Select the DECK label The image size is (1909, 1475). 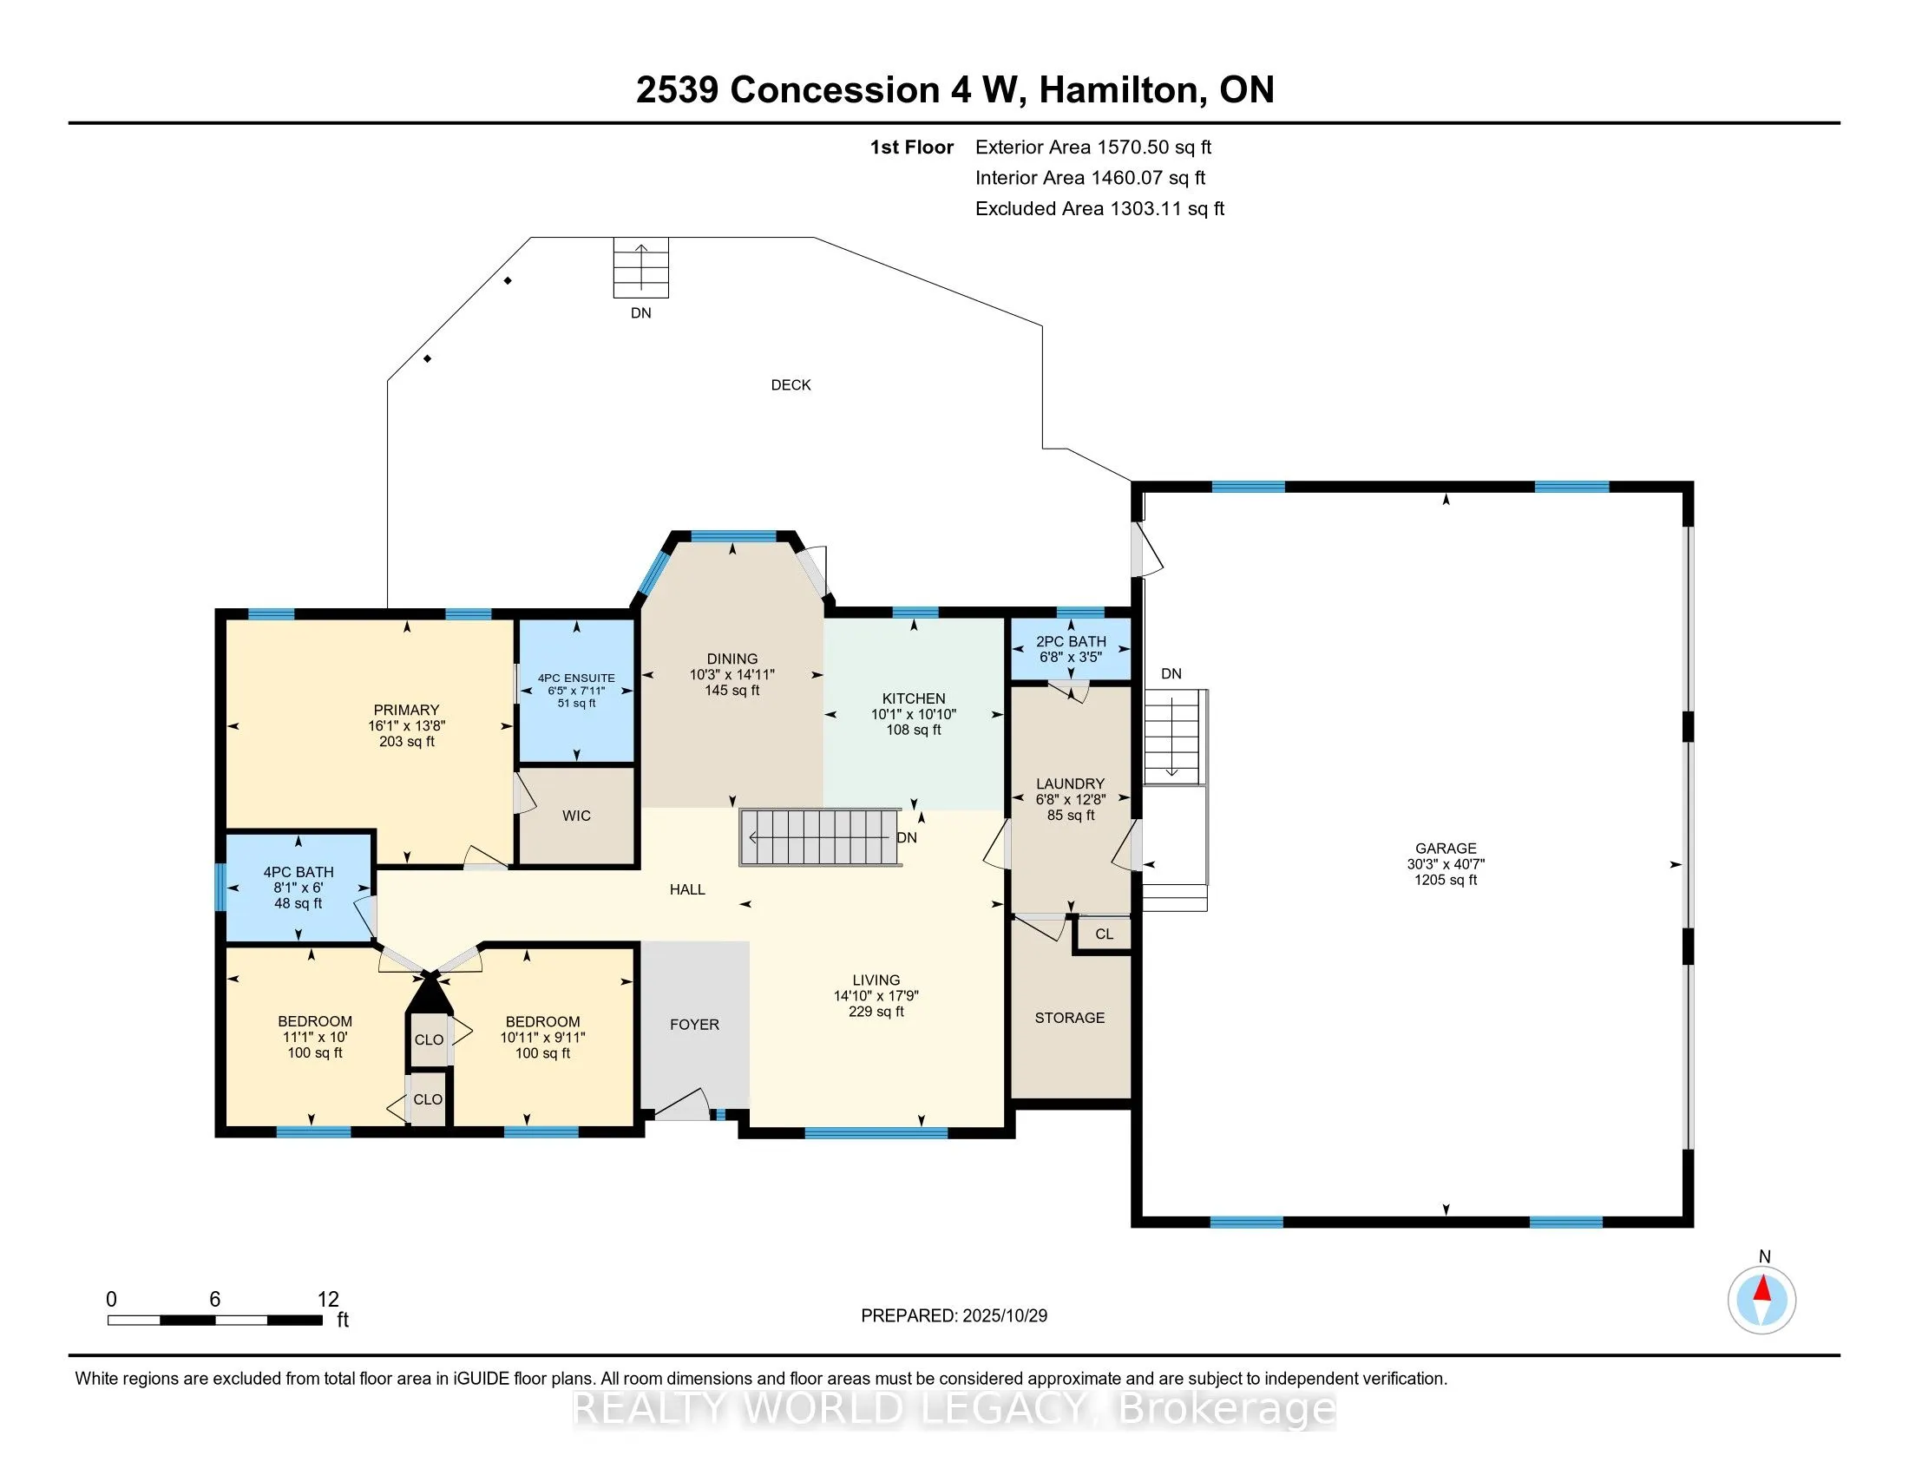790,384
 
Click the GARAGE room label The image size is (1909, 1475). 1446,848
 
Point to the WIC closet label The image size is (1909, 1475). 576,816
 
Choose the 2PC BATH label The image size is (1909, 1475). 1071,641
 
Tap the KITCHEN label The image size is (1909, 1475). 914,698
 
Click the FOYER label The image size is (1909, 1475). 695,1024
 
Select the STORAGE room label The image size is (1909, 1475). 1070,1018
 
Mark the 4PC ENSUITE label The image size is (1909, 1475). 576,678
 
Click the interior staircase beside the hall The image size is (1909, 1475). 820,837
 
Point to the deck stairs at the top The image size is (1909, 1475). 640,267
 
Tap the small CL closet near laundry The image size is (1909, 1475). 1104,934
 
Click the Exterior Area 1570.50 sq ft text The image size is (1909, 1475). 1093,147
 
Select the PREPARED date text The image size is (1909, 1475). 954,1315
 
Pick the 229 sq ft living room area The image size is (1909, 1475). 876,1011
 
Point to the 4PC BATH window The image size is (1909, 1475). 221,887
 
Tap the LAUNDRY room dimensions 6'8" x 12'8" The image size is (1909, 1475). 1071,800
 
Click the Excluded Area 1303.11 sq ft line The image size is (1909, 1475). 1099,208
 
